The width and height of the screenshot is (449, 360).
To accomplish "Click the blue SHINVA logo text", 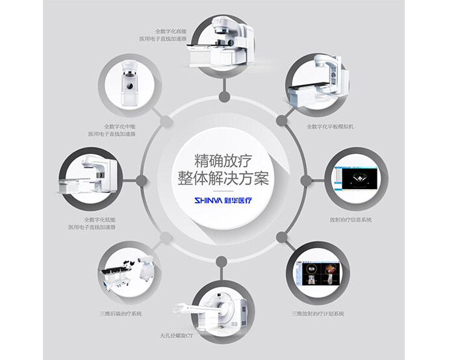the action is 208,200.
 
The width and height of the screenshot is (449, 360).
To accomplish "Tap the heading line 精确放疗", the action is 224,161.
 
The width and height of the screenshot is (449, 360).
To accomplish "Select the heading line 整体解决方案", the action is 224,178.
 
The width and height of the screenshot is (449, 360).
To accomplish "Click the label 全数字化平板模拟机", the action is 330,127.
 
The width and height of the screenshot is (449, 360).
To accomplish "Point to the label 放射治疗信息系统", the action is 350,220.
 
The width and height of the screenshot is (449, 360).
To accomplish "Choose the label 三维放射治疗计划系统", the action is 318,314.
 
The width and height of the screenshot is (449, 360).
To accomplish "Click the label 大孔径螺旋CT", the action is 176,335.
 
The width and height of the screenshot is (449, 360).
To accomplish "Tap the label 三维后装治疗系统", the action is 121,314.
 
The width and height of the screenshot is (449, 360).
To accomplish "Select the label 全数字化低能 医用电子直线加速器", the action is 92,224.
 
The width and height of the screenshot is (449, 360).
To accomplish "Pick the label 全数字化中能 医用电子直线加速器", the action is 112,130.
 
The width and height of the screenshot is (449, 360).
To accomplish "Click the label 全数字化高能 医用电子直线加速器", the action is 163,35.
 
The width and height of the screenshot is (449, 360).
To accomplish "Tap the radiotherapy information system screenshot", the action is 356,179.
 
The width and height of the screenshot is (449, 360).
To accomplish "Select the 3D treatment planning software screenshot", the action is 318,273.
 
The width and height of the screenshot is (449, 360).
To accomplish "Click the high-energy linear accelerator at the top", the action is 221,42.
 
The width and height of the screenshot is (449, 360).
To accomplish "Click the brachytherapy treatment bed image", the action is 127,274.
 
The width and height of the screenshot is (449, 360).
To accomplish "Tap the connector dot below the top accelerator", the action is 224,97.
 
